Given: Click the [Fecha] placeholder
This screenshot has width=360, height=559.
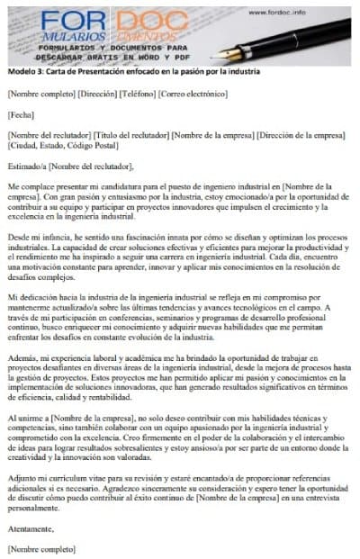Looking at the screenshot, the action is [20, 114].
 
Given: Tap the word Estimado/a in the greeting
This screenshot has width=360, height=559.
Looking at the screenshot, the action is [26, 166].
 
